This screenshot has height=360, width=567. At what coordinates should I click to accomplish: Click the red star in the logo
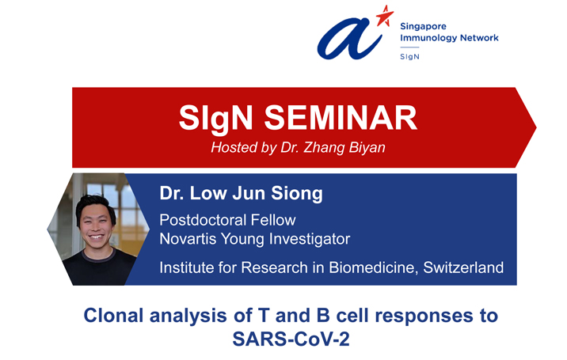384,16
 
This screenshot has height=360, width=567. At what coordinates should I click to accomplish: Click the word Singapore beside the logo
423,26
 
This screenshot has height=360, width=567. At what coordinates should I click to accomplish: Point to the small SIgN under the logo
409,57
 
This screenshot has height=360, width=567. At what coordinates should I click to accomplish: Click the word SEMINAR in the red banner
341,118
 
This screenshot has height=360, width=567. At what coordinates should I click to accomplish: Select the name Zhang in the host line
324,148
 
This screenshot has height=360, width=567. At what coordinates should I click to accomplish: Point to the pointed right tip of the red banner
536,127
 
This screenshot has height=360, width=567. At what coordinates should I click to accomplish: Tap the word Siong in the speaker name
297,194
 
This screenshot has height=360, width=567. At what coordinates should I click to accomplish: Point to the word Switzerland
463,267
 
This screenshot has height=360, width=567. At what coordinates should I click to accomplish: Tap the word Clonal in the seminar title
113,315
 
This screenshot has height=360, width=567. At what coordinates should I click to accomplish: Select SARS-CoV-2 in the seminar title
291,339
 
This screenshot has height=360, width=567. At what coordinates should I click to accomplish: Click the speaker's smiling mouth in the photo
96,237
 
